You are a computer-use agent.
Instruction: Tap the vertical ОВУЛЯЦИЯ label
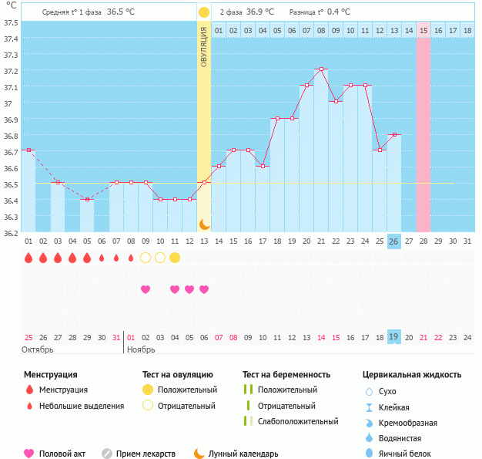pos(204,47)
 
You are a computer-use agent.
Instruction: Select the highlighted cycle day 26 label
pos(393,241)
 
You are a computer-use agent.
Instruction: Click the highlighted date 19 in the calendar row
pos(393,336)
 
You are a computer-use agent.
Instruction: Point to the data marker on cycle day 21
pos(321,69)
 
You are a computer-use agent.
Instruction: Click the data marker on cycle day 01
pos(28,150)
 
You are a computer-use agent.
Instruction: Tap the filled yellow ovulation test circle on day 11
pos(175,257)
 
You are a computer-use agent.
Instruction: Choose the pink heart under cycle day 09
pos(146,289)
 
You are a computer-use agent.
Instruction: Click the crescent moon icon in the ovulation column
pos(204,224)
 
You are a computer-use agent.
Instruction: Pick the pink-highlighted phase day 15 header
pos(423,30)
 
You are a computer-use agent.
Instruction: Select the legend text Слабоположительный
pos(298,421)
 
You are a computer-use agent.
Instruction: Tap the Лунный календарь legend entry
pos(241,454)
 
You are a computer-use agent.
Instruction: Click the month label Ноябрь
pos(141,349)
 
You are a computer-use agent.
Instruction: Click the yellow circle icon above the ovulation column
pos(204,12)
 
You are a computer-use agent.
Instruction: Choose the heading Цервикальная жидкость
pos(412,375)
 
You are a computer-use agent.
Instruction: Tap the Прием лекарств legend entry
pos(146,454)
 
